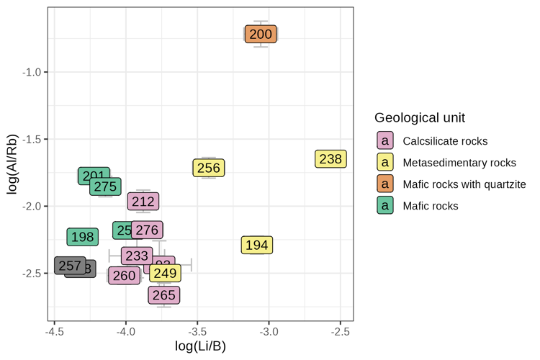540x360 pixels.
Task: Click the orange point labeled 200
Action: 261,34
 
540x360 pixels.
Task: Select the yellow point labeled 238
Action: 330,159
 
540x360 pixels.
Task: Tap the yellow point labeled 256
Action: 209,168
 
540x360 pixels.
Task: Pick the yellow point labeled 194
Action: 257,246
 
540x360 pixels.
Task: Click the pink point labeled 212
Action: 143,202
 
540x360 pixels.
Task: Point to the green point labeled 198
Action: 83,237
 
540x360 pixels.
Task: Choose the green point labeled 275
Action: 105,186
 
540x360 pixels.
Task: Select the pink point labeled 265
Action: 163,295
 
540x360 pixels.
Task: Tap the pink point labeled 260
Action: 124,276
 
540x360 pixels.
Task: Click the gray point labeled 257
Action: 70,266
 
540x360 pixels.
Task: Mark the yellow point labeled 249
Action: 165,274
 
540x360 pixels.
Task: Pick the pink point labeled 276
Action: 147,230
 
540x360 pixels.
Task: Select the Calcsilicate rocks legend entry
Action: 445,141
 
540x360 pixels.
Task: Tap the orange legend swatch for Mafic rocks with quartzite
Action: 386,184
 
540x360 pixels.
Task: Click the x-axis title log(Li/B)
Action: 201,346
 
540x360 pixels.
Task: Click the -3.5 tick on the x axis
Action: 198,332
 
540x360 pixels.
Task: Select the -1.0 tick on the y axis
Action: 35,72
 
